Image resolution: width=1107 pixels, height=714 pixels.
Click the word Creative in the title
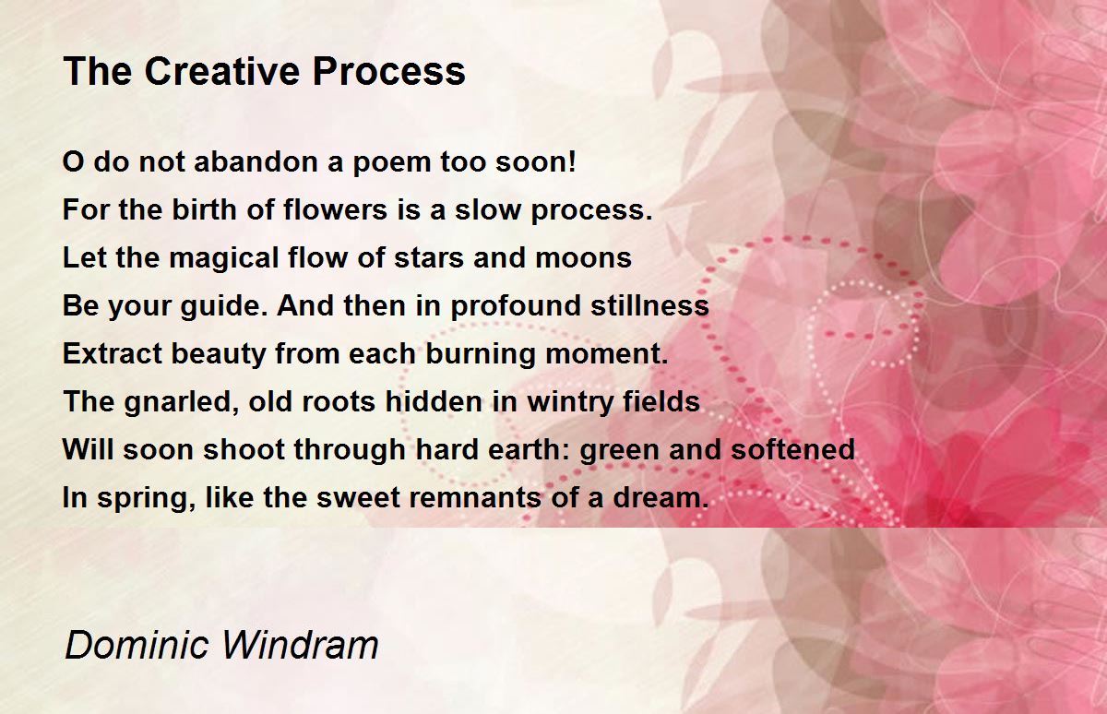coord(222,71)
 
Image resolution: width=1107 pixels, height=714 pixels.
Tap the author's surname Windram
coord(300,645)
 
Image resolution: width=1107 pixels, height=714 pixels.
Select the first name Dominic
coord(137,645)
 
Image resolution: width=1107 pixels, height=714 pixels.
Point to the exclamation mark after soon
coord(572,161)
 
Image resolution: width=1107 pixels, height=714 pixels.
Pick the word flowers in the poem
coord(335,209)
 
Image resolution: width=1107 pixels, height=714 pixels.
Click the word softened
coord(792,449)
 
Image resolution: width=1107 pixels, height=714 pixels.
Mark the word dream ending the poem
coord(661,497)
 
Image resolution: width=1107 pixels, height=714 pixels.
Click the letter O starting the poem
coord(73,161)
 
